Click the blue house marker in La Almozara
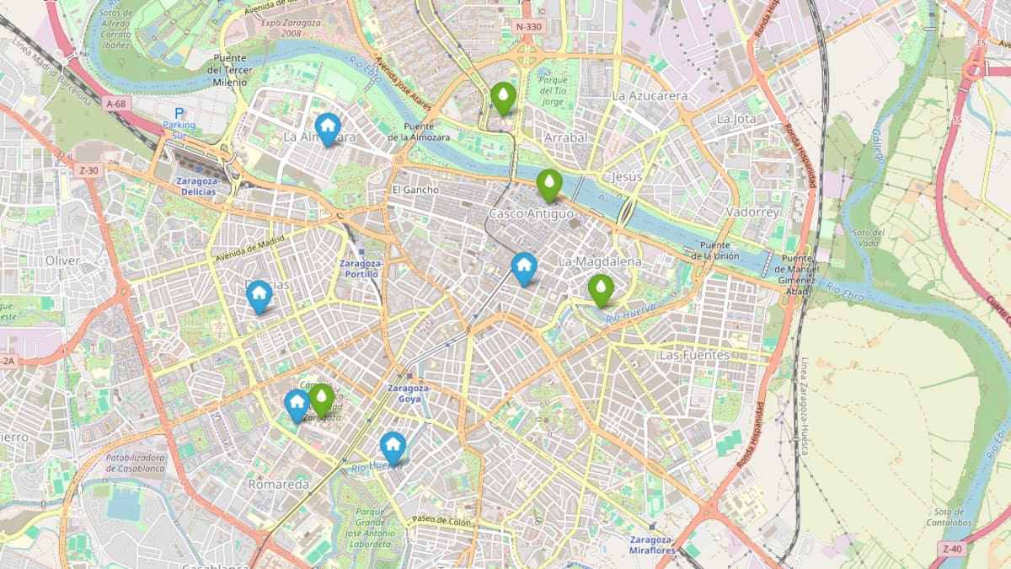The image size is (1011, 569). coord(327,128)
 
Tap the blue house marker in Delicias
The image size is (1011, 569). coord(259,295)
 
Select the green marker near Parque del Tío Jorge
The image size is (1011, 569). coord(503,98)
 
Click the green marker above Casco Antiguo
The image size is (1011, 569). coord(548,184)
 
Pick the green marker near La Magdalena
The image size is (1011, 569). coord(600,289)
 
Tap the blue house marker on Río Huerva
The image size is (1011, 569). coord(393,447)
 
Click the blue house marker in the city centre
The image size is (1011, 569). coord(524,268)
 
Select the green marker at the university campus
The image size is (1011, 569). coord(321,399)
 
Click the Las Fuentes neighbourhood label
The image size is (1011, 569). coord(693,355)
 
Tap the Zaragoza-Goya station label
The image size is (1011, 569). coord(409,394)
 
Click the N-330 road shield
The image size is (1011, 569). coord(528,27)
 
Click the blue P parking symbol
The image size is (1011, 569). coord(178,113)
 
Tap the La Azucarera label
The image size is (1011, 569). coord(650,96)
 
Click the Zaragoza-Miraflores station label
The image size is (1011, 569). coord(652,545)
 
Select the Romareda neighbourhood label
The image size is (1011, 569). coord(278,485)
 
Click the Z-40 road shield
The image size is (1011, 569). coord(952,550)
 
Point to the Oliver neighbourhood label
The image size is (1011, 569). coord(62,260)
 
